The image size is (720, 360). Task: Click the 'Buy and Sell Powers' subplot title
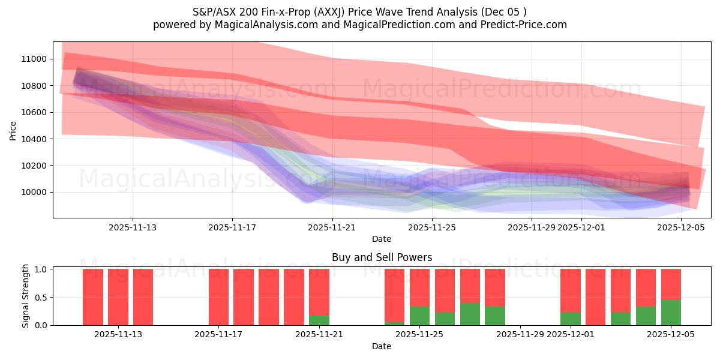(x=382, y=257)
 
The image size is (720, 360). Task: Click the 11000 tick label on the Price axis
(x=34, y=59)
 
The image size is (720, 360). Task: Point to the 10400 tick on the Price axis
(x=34, y=139)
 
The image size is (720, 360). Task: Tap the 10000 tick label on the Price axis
(x=34, y=193)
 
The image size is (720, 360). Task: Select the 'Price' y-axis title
(x=13, y=130)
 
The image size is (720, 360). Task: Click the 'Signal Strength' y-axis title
(x=25, y=296)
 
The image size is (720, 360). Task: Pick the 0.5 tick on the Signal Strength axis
(x=41, y=298)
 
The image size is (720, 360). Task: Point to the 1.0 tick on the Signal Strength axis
(x=41, y=269)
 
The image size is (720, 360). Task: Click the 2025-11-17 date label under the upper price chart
(x=232, y=228)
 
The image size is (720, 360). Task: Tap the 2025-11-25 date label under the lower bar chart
(x=419, y=334)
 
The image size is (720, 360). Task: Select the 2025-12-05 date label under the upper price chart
(x=681, y=228)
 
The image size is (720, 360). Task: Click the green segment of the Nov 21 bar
(x=319, y=320)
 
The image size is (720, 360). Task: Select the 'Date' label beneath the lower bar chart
(x=382, y=346)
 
